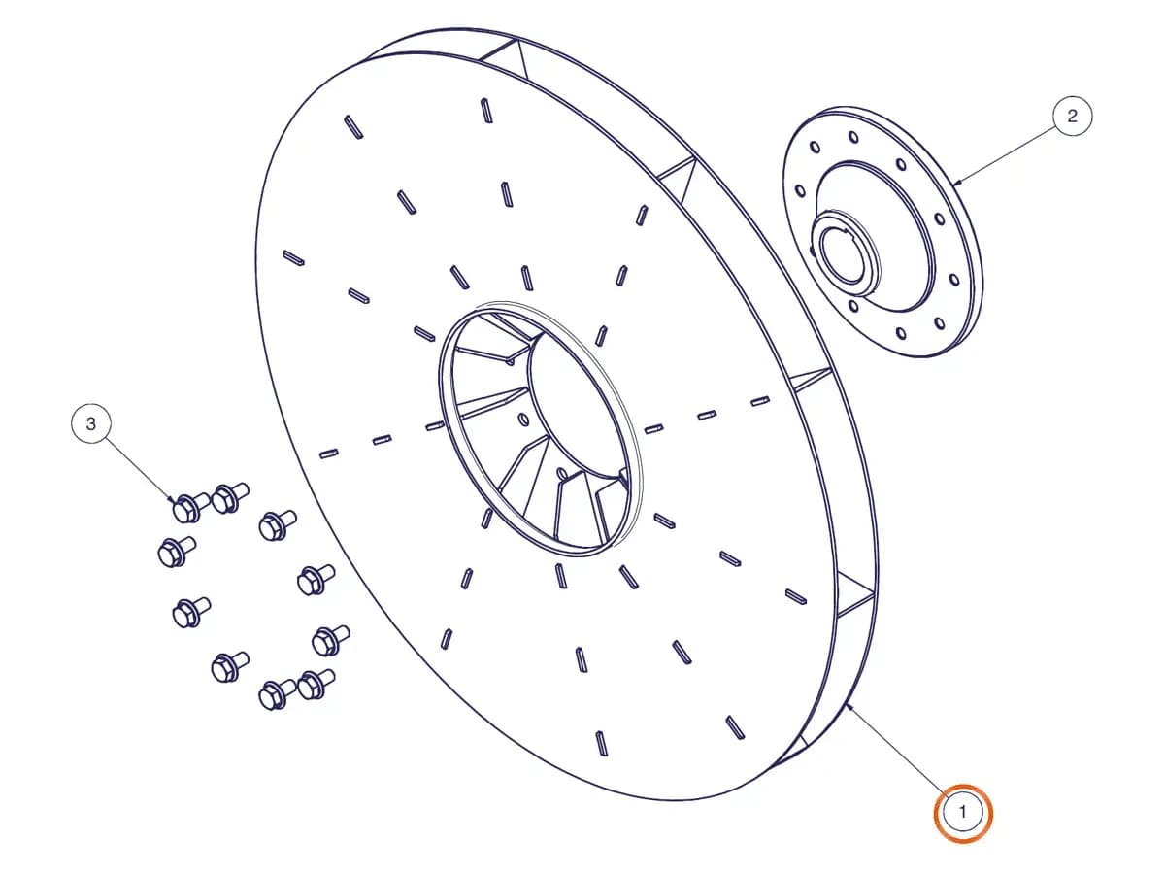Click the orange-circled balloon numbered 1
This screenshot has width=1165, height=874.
pyautogui.click(x=962, y=813)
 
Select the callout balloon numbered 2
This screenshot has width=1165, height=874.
pyautogui.click(x=1072, y=117)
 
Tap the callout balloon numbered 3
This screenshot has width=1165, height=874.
pyautogui.click(x=91, y=424)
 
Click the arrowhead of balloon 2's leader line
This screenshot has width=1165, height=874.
pyautogui.click(x=956, y=184)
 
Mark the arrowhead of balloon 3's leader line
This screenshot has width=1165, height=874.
pyautogui.click(x=172, y=499)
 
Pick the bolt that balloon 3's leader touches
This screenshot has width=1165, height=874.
pyautogui.click(x=191, y=507)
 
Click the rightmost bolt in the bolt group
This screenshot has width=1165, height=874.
pyautogui.click(x=331, y=639)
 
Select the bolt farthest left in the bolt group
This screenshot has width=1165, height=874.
pyautogui.click(x=177, y=552)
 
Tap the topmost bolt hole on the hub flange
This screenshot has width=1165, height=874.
pyautogui.click(x=853, y=138)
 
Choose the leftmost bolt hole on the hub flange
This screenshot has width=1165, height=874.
pyautogui.click(x=800, y=190)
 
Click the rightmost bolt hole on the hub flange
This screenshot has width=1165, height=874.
pyautogui.click(x=954, y=280)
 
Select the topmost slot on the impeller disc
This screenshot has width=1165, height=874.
pyautogui.click(x=486, y=111)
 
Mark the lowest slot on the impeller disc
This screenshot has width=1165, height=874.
pyautogui.click(x=601, y=743)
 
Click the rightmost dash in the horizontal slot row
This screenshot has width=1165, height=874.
pyautogui.click(x=760, y=401)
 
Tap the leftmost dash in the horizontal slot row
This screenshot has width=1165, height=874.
pyautogui.click(x=328, y=454)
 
